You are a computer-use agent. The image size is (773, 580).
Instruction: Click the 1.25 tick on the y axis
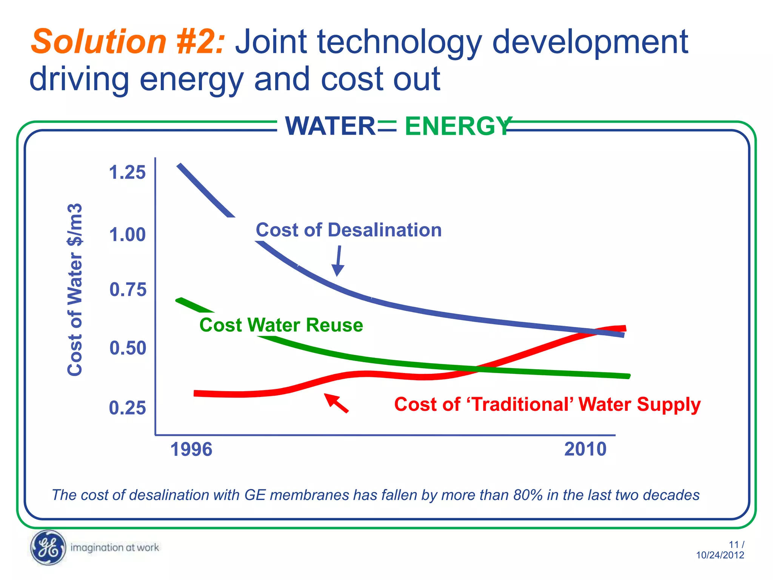tap(127, 173)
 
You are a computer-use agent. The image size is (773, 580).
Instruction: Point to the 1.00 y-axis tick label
tap(127, 234)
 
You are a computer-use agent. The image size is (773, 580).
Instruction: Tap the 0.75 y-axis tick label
tap(128, 290)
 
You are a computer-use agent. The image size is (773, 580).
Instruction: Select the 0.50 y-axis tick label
tap(128, 348)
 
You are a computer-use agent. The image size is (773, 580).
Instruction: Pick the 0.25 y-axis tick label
tap(127, 408)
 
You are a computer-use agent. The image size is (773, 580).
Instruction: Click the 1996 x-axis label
tap(191, 449)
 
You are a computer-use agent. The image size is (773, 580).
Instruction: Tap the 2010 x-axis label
tap(585, 449)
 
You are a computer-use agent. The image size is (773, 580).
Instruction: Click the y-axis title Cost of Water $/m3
tap(75, 290)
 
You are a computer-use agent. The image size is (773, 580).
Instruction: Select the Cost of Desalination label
tap(348, 230)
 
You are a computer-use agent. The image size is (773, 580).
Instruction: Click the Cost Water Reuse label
tap(281, 325)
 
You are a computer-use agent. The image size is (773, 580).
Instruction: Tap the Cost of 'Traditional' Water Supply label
tap(547, 404)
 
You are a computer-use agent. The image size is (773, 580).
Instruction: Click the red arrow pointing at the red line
tap(336, 403)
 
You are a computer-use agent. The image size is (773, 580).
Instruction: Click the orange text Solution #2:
tap(128, 42)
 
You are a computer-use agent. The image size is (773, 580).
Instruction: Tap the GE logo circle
tap(48, 548)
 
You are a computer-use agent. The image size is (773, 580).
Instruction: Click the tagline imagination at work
tap(115, 548)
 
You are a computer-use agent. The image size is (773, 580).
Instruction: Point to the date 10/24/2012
tap(720, 555)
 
